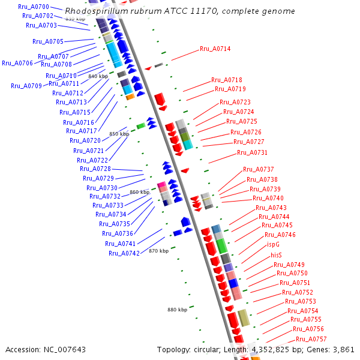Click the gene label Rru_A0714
pyautogui.click(x=215, y=49)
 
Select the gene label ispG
pyautogui.click(x=273, y=245)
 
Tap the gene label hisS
pyautogui.click(x=276, y=255)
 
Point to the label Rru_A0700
pyautogui.click(x=34, y=7)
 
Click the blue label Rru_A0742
pyautogui.click(x=124, y=253)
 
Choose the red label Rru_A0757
pyautogui.click(x=311, y=339)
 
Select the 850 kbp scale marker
pyautogui.click(x=119, y=134)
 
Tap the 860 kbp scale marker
pyautogui.click(x=139, y=193)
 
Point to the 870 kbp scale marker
pyautogui.click(x=158, y=251)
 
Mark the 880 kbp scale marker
pyautogui.click(x=177, y=310)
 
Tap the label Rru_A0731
pyautogui.click(x=252, y=152)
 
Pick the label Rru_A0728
pyautogui.click(x=95, y=169)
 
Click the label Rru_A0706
pyautogui.click(x=17, y=63)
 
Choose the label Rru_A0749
pyautogui.click(x=289, y=265)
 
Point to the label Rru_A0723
pyautogui.click(x=235, y=102)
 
